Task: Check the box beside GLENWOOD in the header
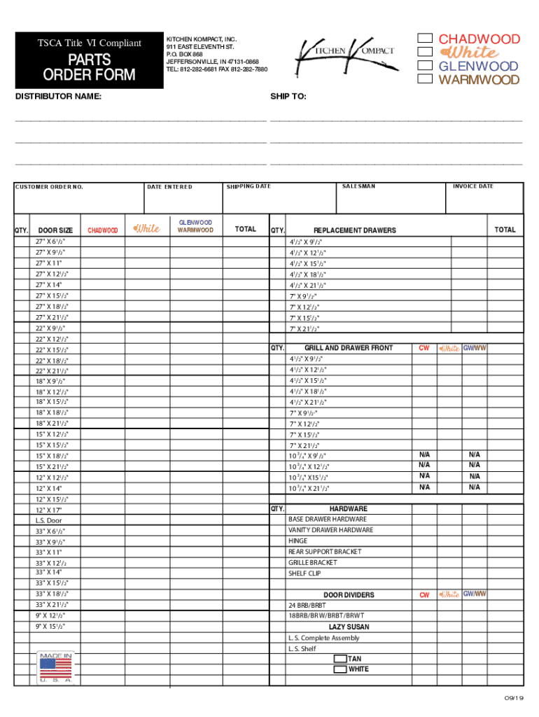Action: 424,66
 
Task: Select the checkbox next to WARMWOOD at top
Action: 424,79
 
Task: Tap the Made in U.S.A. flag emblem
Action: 55,668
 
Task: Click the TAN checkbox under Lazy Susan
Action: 340,659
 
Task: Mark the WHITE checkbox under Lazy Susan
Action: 340,669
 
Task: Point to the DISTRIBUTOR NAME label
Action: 58,97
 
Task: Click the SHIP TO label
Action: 288,97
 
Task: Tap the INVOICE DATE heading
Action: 472,186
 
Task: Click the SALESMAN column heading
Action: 358,186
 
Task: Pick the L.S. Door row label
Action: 49,521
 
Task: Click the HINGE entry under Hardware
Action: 297,541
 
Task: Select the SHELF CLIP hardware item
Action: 304,573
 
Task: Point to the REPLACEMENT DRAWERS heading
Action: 354,230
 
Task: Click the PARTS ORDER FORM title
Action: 89,68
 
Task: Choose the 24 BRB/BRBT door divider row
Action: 307,605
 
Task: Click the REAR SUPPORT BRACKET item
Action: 325,552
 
